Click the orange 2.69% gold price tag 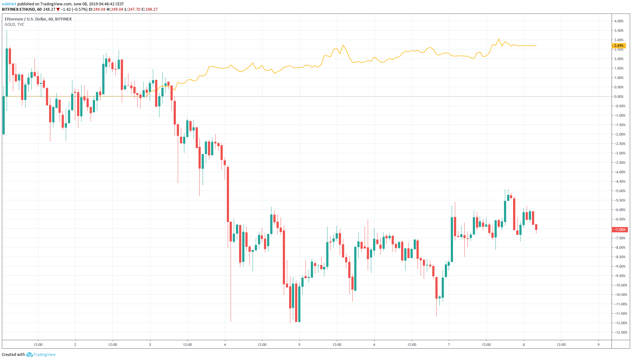(619, 46)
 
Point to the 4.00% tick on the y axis (619, 21)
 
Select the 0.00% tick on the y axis (619, 97)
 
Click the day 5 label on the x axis (299, 345)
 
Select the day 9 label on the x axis (598, 345)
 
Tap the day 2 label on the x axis (75, 345)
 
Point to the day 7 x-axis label (449, 345)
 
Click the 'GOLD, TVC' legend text (14, 25)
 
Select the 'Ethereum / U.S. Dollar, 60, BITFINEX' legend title (38, 19)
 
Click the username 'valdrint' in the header (9, 4)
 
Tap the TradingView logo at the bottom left (41, 354)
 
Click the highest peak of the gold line (499, 39)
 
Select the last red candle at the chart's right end (536, 227)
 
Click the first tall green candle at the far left (7, 72)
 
